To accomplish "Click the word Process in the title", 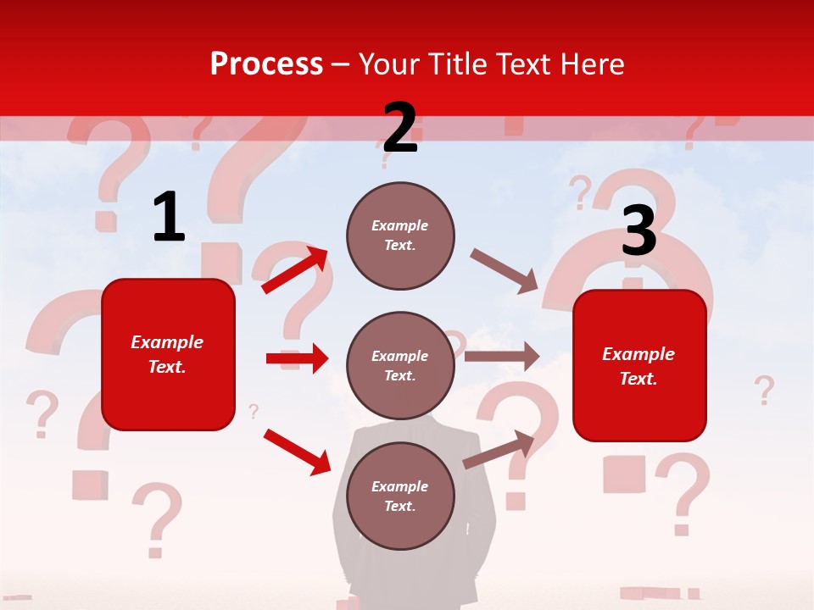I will click(x=266, y=64).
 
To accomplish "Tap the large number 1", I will click(x=169, y=217).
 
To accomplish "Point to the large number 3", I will click(x=638, y=231).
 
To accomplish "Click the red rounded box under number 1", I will click(x=168, y=354).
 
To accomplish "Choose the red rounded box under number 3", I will click(x=639, y=365).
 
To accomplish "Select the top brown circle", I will click(x=400, y=236).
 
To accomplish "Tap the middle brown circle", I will click(x=400, y=365).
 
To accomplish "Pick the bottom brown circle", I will click(x=400, y=496).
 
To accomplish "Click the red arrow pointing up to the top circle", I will click(x=295, y=270).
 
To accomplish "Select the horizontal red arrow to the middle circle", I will click(x=297, y=358).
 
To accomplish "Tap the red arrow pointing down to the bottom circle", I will click(x=297, y=452).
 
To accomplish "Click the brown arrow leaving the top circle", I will click(x=504, y=270).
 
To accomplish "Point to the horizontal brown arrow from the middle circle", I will click(x=502, y=356).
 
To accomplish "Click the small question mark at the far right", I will click(x=764, y=391).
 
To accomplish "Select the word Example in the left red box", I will click(x=167, y=342).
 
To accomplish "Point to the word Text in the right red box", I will click(x=637, y=380).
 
